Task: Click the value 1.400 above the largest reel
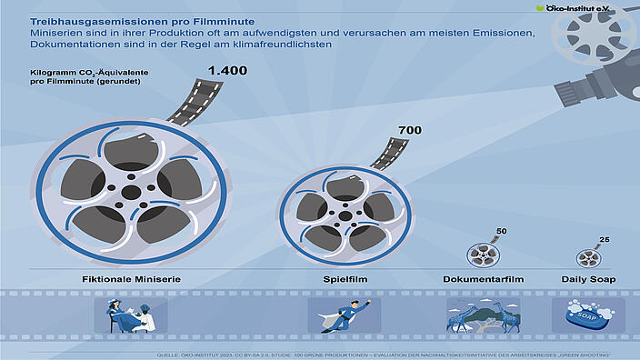(226, 71)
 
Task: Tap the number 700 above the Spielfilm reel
(410, 131)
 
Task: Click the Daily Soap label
(586, 278)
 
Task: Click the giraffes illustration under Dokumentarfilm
(482, 315)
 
